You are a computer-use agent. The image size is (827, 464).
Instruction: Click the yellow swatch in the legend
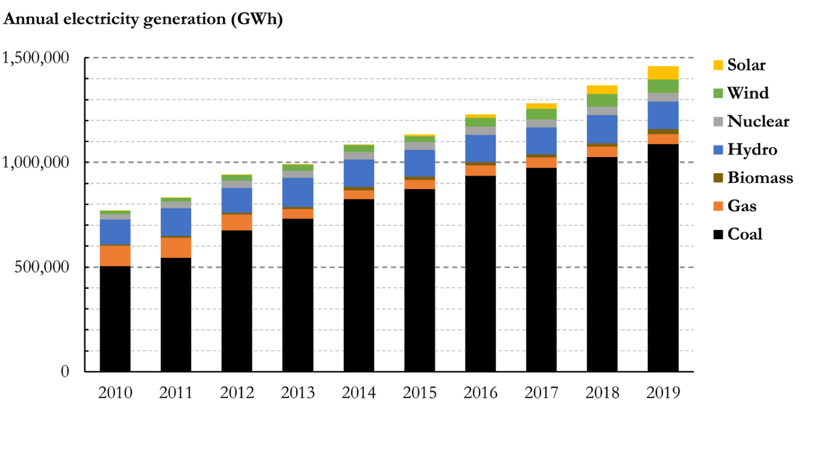(718, 65)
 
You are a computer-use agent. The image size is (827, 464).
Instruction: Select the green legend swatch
(718, 93)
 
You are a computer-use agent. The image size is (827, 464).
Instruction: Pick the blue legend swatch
(718, 150)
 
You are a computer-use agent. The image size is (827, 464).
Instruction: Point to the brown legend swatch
(718, 177)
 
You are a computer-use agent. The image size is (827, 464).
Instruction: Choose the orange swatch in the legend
(718, 213)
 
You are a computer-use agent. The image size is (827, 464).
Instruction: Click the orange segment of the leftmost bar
(115, 256)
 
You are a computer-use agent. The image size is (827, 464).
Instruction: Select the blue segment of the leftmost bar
(115, 232)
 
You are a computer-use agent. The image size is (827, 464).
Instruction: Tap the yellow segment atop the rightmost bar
(663, 72)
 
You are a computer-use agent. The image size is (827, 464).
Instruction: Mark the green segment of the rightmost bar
(663, 86)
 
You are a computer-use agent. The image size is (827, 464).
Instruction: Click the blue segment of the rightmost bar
(663, 115)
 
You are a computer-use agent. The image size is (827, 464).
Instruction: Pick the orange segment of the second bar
(176, 247)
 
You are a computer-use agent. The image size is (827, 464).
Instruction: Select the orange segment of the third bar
(237, 222)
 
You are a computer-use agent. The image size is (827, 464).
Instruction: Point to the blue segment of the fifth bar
(359, 173)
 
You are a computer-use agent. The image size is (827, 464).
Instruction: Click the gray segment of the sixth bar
(420, 146)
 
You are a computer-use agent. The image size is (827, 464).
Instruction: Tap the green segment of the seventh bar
(481, 122)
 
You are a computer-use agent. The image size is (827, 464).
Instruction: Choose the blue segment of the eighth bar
(541, 141)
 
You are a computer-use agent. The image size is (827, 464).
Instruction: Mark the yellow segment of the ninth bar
(602, 89)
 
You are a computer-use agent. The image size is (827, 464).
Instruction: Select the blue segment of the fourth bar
(298, 192)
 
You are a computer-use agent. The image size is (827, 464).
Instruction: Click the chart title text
(143, 19)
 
